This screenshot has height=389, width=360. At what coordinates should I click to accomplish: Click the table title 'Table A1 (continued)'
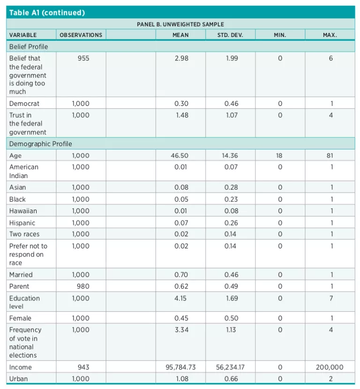point(47,13)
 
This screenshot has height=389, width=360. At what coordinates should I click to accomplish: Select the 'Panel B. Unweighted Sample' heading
point(180,24)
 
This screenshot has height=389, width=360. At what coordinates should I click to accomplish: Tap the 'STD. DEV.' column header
point(230,35)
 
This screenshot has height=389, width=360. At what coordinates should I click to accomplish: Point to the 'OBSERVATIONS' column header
point(81,35)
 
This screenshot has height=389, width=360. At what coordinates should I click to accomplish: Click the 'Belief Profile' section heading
point(29,46)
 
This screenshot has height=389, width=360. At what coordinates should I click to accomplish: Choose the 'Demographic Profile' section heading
point(41,144)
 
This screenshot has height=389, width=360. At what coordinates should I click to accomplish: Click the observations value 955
point(83,58)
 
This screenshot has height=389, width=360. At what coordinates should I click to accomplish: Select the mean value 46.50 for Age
point(181,156)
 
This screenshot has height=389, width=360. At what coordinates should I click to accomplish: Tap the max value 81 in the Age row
point(330,156)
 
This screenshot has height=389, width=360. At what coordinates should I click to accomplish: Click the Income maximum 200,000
point(330,367)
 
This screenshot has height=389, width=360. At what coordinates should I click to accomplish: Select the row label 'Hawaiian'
point(22,211)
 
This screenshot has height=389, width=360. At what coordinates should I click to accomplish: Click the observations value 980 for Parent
point(83,286)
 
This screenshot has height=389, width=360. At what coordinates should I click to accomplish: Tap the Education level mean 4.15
point(181,298)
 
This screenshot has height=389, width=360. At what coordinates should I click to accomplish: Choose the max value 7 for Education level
point(330,298)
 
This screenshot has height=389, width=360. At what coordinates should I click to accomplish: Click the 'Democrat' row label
point(24,103)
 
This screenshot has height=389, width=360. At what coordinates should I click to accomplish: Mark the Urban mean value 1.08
point(181,379)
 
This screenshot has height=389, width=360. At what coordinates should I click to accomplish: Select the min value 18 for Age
point(280,156)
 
